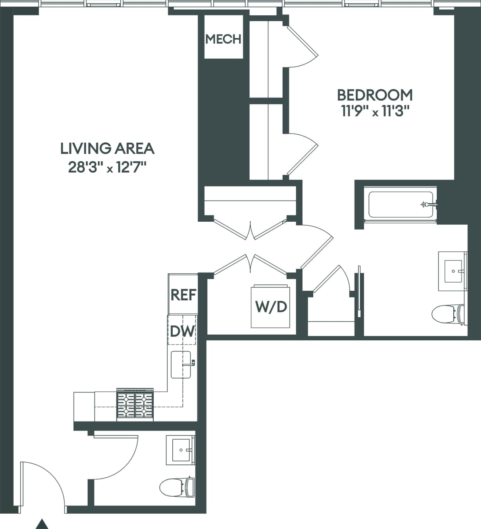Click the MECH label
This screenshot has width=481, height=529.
coord(223,39)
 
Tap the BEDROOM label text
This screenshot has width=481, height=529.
coord(375,95)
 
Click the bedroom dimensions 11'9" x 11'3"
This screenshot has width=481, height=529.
coord(375,111)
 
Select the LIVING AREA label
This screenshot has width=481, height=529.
coord(107,148)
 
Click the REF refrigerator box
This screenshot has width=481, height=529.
coord(183,294)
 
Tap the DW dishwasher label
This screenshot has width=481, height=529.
coord(182,331)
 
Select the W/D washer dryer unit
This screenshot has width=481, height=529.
coord(271,306)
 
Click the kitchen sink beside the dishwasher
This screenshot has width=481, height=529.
coord(181,364)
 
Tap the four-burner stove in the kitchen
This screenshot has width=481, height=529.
coord(135,405)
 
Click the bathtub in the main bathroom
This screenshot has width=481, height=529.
coord(401,204)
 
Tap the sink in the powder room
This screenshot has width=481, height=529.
coord(180,450)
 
